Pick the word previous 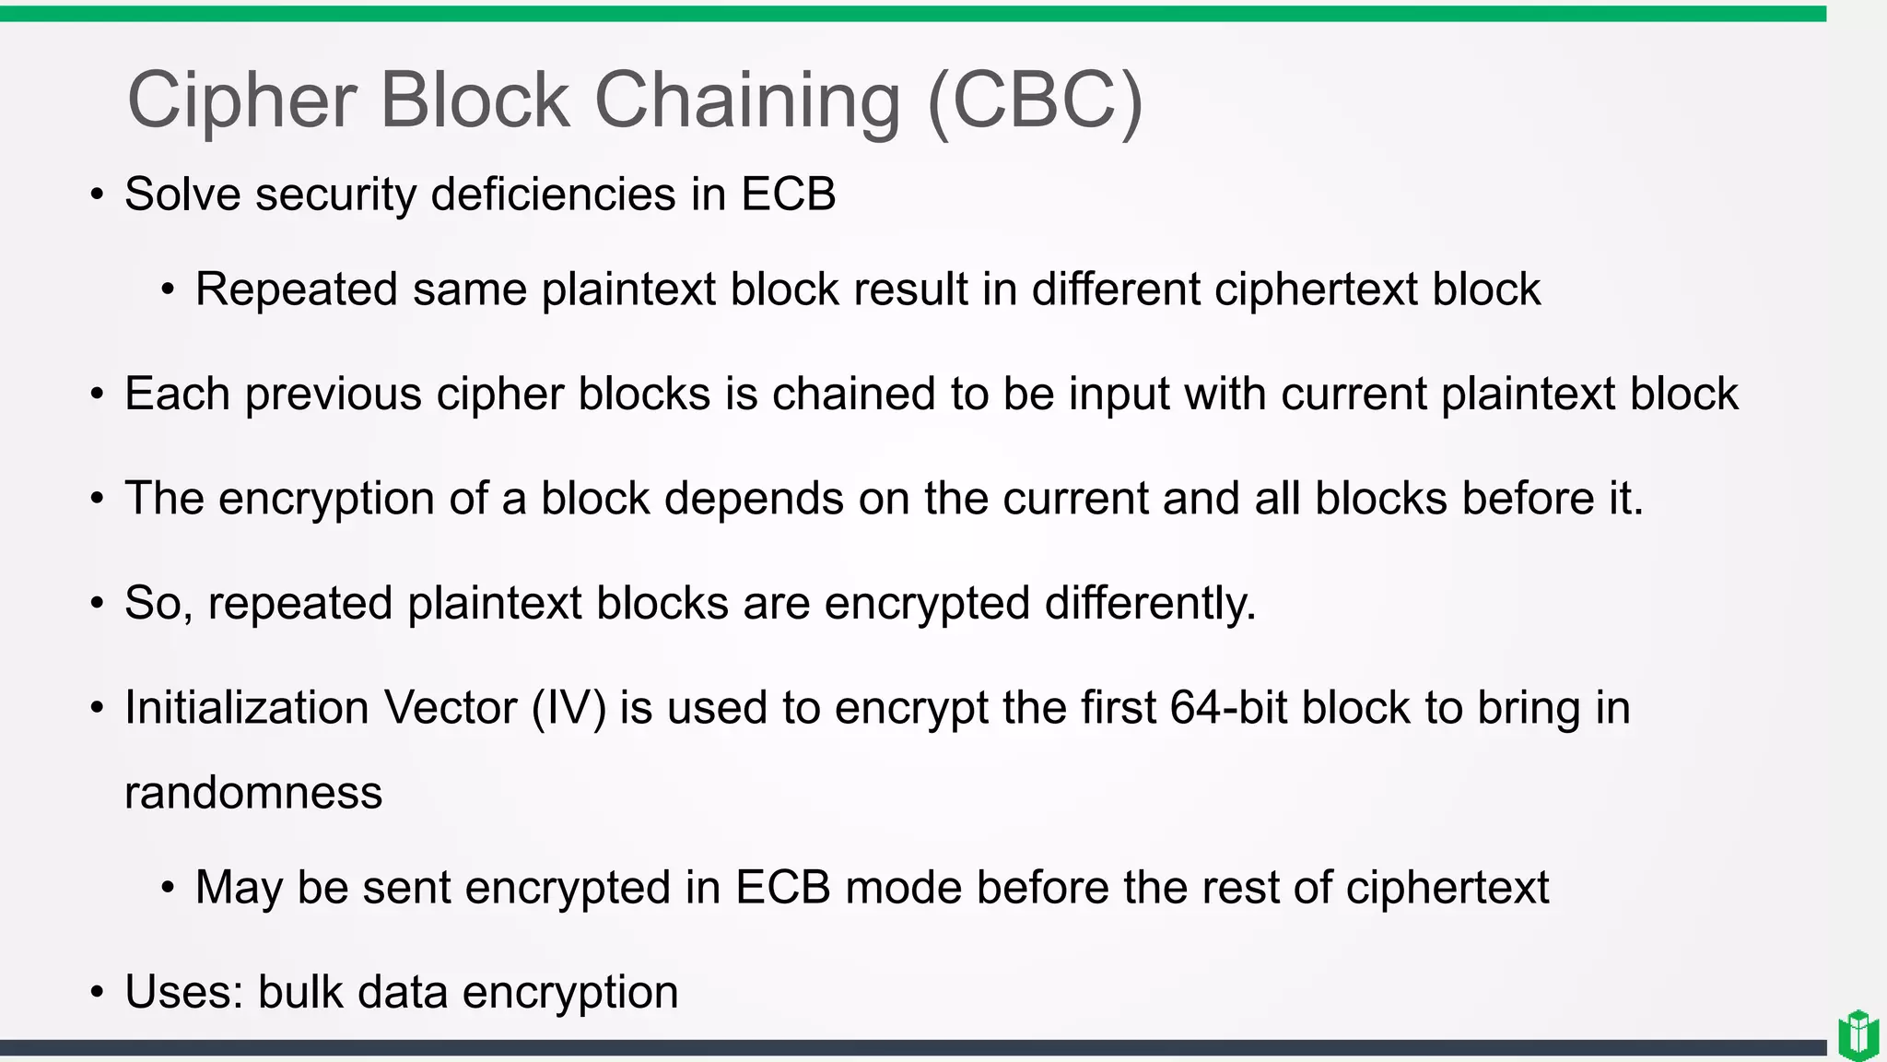point(334,395)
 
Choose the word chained point(854,395)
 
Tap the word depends point(755,499)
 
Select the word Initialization point(247,708)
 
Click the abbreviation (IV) point(568,708)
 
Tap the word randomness point(253,793)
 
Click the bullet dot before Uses point(98,994)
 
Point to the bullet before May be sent point(168,889)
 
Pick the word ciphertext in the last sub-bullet point(1447,888)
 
